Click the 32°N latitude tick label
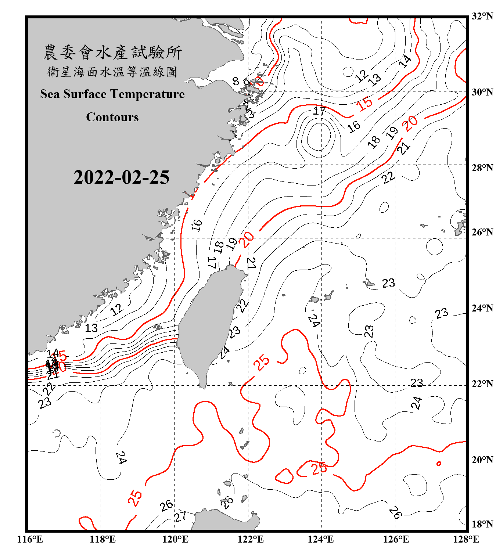click(482, 16)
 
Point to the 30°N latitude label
click(482, 92)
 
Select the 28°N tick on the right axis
click(482, 168)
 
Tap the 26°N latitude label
click(482, 232)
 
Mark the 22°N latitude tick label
click(482, 384)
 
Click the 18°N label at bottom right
click(482, 524)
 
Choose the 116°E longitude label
click(30, 539)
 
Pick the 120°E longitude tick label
click(175, 539)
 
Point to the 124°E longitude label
click(321, 539)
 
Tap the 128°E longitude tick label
click(466, 539)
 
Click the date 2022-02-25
click(121, 177)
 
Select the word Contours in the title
click(112, 117)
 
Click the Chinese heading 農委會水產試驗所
click(112, 53)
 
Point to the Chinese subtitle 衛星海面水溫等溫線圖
click(112, 72)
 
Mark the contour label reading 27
click(180, 517)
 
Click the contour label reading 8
click(236, 81)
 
